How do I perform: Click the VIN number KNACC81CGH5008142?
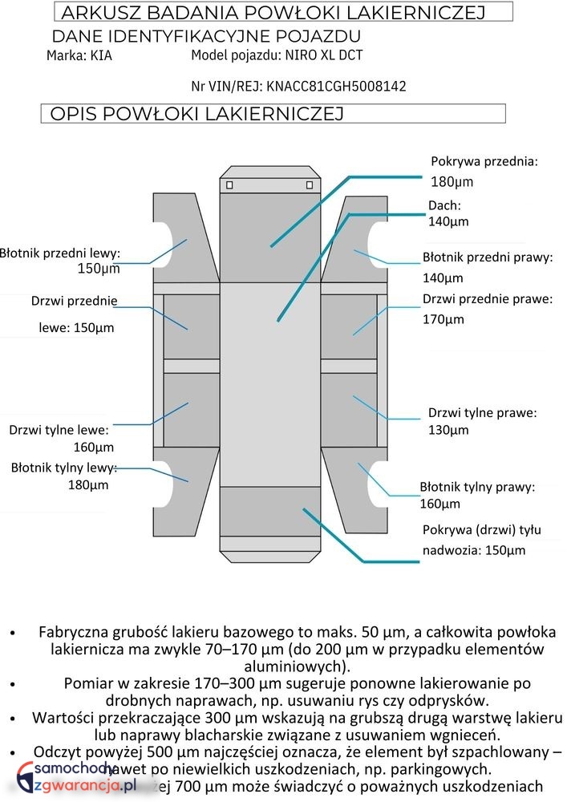(337, 86)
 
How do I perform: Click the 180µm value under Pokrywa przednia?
(452, 181)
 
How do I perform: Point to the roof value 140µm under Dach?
(448, 221)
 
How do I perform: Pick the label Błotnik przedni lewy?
(59, 253)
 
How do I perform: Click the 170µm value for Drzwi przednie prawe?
(443, 319)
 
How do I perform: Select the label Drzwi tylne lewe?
(59, 430)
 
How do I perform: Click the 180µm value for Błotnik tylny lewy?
(88, 484)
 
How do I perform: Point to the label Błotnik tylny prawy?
(477, 487)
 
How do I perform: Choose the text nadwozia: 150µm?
(474, 550)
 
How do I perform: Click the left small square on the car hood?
(230, 185)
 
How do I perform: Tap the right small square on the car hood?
(310, 185)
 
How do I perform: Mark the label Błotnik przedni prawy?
(488, 258)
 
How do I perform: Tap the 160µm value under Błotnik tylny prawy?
(440, 504)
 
